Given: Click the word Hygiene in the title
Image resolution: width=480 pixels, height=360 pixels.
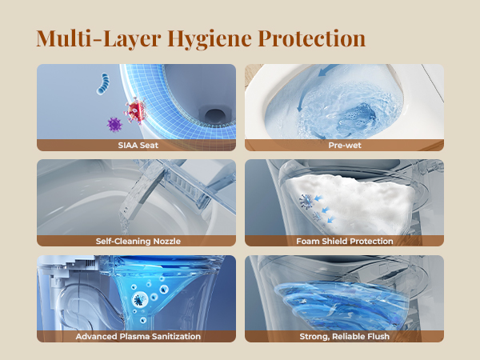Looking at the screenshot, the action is [210, 39].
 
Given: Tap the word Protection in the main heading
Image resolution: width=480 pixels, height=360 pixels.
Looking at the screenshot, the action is [312, 38].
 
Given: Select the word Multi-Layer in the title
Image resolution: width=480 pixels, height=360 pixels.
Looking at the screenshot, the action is [98, 39].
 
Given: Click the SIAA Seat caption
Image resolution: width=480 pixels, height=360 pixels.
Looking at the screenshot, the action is [138, 145].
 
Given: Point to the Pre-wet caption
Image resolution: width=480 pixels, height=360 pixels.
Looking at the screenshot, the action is [345, 145].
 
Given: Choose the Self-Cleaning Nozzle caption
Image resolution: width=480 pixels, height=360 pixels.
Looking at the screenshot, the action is [138, 242].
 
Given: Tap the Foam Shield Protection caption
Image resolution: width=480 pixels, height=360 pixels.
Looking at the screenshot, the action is [344, 242].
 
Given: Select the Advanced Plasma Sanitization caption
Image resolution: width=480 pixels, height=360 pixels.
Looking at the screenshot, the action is [138, 337].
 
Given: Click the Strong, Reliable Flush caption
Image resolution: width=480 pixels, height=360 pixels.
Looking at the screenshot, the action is [344, 337].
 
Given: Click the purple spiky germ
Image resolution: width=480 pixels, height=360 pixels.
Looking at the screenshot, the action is [114, 125].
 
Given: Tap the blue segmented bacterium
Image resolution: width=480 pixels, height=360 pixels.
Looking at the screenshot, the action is [103, 83].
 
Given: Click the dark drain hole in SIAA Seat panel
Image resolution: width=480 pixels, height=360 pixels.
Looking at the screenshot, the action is [215, 116].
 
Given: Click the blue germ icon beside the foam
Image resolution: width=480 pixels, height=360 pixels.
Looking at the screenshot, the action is [306, 202].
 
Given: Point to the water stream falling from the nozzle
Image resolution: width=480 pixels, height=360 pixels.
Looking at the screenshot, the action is [125, 223].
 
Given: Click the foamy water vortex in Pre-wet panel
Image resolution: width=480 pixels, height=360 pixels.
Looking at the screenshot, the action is [346, 114].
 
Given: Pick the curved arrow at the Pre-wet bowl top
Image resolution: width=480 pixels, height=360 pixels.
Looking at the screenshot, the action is [328, 70].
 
